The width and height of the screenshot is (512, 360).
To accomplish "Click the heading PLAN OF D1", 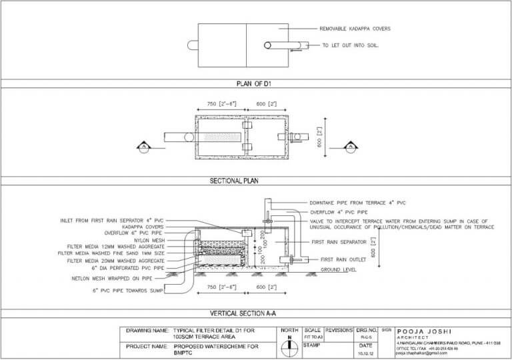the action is tap(257, 84).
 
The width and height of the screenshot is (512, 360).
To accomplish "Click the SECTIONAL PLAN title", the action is tap(257, 181).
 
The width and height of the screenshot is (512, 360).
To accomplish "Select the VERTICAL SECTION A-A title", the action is tap(257, 313).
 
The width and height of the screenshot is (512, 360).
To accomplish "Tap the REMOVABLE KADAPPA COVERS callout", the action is tap(355, 29).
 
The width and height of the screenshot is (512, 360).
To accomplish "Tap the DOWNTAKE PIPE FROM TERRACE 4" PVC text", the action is tap(357, 201).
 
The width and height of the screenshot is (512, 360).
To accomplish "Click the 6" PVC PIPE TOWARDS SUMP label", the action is tap(127, 291).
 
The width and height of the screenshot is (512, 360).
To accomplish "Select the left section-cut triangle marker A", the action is tap(141, 145).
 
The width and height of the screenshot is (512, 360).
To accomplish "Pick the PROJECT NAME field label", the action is tap(146, 347).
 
